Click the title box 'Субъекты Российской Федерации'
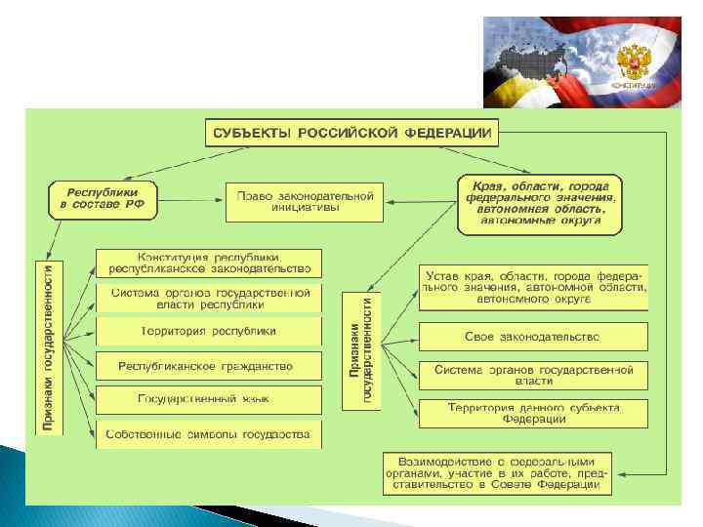click(x=351, y=133)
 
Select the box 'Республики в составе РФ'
click(x=103, y=200)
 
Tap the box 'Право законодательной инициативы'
click(x=306, y=200)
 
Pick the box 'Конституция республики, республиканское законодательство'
click(x=207, y=263)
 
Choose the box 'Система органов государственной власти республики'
click(x=207, y=298)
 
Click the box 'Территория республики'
click(x=207, y=332)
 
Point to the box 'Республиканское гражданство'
click(x=207, y=366)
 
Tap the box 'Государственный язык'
click(x=207, y=399)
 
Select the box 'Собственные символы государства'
click(x=207, y=433)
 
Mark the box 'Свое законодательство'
click(x=533, y=337)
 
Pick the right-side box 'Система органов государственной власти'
click(x=533, y=375)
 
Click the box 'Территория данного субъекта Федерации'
click(x=533, y=413)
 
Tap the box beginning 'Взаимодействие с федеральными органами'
click(x=497, y=472)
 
